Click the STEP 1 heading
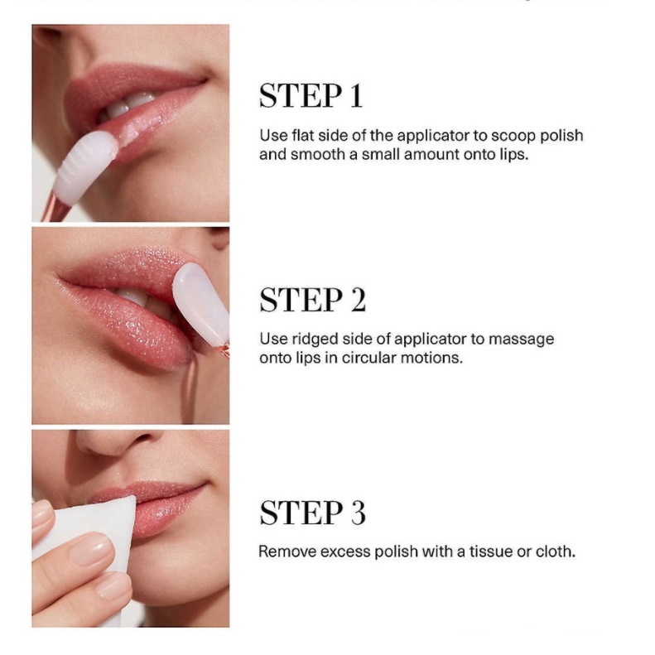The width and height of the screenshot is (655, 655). pos(311,97)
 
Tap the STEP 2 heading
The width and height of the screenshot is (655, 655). pos(312,301)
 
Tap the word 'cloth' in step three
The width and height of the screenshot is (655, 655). pos(554,551)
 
